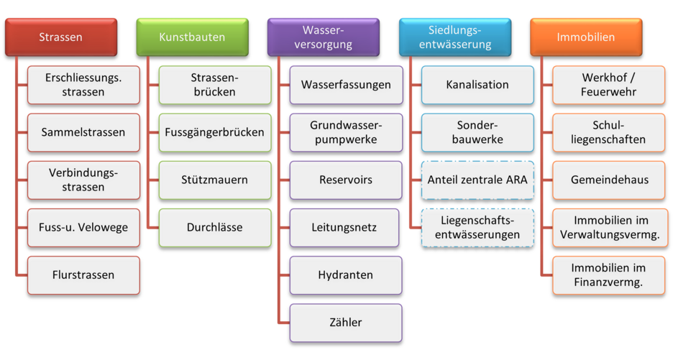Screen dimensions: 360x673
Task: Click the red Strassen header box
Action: pyautogui.click(x=61, y=37)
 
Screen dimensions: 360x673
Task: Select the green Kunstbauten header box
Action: pyautogui.click(x=192, y=37)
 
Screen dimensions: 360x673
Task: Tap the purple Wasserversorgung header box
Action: pyautogui.click(x=323, y=37)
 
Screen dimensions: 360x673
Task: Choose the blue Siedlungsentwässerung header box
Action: pyautogui.click(x=454, y=37)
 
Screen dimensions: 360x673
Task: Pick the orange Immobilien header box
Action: pyautogui.click(x=586, y=37)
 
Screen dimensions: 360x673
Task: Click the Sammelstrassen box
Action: pyautogui.click(x=83, y=132)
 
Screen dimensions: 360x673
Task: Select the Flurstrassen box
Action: pyautogui.click(x=83, y=274)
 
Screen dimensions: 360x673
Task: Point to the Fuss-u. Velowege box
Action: pyautogui.click(x=83, y=227)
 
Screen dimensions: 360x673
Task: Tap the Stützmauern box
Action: pyautogui.click(x=214, y=180)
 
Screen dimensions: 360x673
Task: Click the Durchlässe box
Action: pyautogui.click(x=214, y=227)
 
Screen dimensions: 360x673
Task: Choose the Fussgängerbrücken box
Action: pyautogui.click(x=214, y=132)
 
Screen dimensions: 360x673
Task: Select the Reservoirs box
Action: pyautogui.click(x=346, y=180)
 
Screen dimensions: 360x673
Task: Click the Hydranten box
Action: pyautogui.click(x=346, y=274)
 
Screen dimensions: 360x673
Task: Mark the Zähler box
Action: pyautogui.click(x=346, y=322)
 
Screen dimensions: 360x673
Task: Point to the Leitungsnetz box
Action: pyautogui.click(x=346, y=227)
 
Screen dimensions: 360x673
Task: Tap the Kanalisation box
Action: pyautogui.click(x=477, y=85)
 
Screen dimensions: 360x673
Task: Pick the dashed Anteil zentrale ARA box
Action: pyautogui.click(x=477, y=180)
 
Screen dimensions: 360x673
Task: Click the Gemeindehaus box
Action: pyautogui.click(x=609, y=180)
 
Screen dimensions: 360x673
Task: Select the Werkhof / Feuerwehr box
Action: pyautogui.click(x=609, y=85)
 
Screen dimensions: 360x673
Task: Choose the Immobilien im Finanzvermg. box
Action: pyautogui.click(x=609, y=274)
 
